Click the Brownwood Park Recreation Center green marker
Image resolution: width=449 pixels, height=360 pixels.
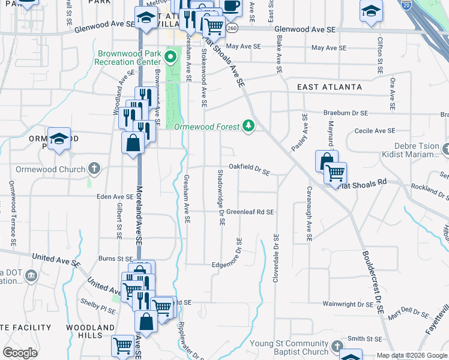(x=170, y=58)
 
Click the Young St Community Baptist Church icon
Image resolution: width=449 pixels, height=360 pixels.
(x=336, y=347)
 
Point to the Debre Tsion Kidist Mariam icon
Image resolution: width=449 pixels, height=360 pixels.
(x=445, y=148)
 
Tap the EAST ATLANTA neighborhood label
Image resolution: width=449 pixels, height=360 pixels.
(x=330, y=87)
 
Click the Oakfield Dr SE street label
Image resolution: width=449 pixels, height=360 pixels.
(x=249, y=167)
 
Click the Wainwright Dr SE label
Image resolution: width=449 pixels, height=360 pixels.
(x=348, y=304)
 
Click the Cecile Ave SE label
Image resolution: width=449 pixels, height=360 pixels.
(x=375, y=130)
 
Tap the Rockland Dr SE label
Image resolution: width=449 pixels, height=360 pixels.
(x=429, y=190)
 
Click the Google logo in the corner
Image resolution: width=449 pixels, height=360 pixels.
(x=20, y=353)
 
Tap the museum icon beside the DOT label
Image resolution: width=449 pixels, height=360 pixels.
(x=31, y=276)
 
